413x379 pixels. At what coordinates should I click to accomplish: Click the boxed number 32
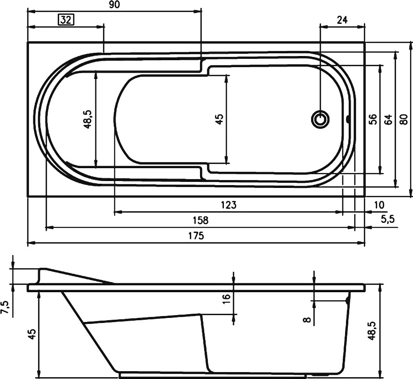pos(66,20)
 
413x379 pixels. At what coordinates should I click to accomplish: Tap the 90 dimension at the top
pos(114,5)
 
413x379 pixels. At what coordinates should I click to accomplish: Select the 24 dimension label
pos(342,20)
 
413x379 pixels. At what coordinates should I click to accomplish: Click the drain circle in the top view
pos(320,119)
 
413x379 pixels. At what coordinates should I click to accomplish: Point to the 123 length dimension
pos(229,205)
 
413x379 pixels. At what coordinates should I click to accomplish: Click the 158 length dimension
pos(200,220)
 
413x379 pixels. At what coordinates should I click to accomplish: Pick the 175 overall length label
pos(196,236)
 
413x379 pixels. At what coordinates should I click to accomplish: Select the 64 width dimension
pos(389,119)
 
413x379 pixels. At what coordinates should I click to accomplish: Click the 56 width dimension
pos(374,119)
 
